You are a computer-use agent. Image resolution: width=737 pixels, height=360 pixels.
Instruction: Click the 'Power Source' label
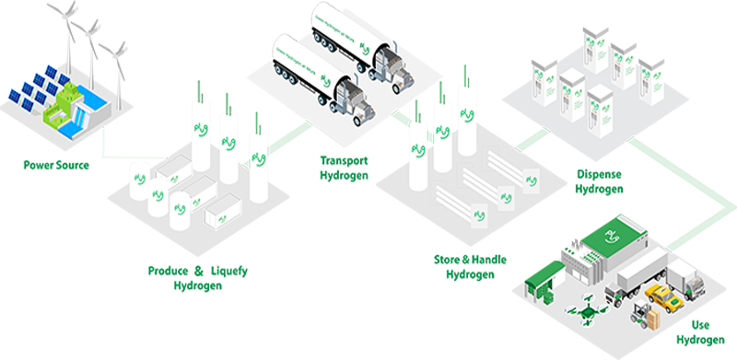pyautogui.click(x=53, y=167)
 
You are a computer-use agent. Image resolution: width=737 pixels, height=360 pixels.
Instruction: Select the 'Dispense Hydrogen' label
pyautogui.click(x=599, y=181)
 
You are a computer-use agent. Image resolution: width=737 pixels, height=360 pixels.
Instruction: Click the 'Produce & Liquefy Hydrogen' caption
pyautogui.click(x=198, y=277)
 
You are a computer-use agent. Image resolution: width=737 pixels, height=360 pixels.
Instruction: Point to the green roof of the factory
pyautogui.click(x=607, y=235)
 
